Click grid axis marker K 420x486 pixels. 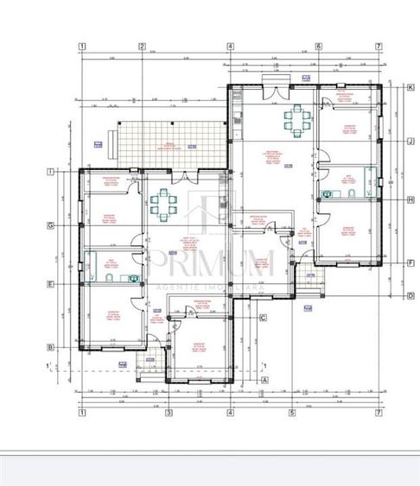coord(411,86)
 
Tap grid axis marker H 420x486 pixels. coord(411,199)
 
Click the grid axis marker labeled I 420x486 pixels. coord(52,173)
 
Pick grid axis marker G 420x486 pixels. coord(52,225)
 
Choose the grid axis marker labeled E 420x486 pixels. coord(52,283)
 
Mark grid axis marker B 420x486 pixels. coord(52,347)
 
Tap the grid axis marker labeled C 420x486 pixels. coord(263,318)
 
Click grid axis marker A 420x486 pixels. coord(264,379)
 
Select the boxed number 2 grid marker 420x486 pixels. coord(143,47)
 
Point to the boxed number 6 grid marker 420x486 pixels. coord(318,47)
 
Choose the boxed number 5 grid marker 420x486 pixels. coord(292,413)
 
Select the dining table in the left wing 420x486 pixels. coord(162,204)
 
